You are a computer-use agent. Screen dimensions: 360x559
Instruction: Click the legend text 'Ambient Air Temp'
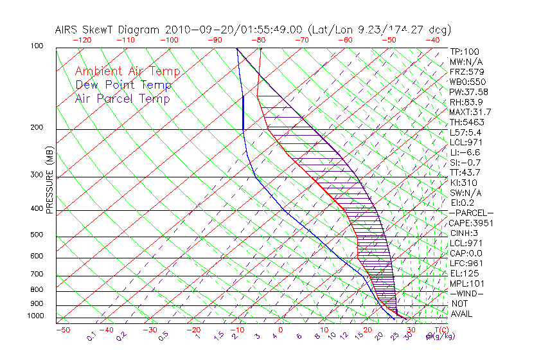(x=127, y=72)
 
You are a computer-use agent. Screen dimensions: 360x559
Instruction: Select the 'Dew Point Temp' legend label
(x=123, y=85)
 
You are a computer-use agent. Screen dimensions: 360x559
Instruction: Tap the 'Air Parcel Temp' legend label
(x=123, y=99)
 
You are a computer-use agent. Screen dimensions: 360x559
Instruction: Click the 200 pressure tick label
(x=37, y=127)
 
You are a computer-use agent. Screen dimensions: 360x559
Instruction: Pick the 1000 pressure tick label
(x=35, y=316)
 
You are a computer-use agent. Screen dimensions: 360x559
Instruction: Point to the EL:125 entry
(x=465, y=273)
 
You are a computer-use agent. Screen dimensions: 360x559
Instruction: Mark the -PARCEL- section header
(x=472, y=213)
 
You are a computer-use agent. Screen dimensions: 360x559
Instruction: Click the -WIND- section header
(x=467, y=293)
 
